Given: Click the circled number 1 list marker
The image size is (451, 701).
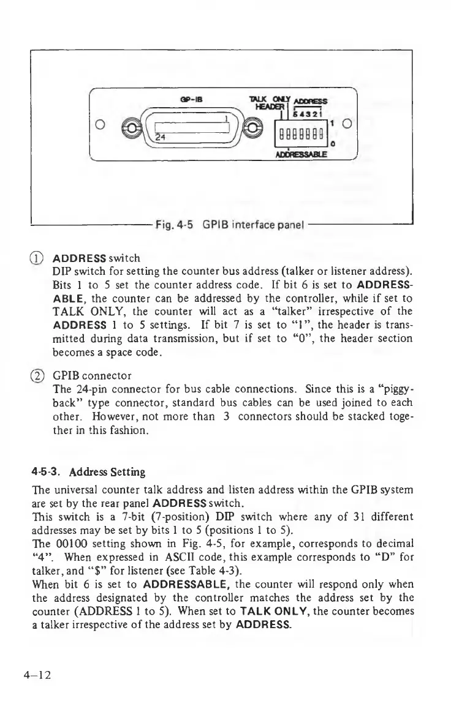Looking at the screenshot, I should [41, 257].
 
